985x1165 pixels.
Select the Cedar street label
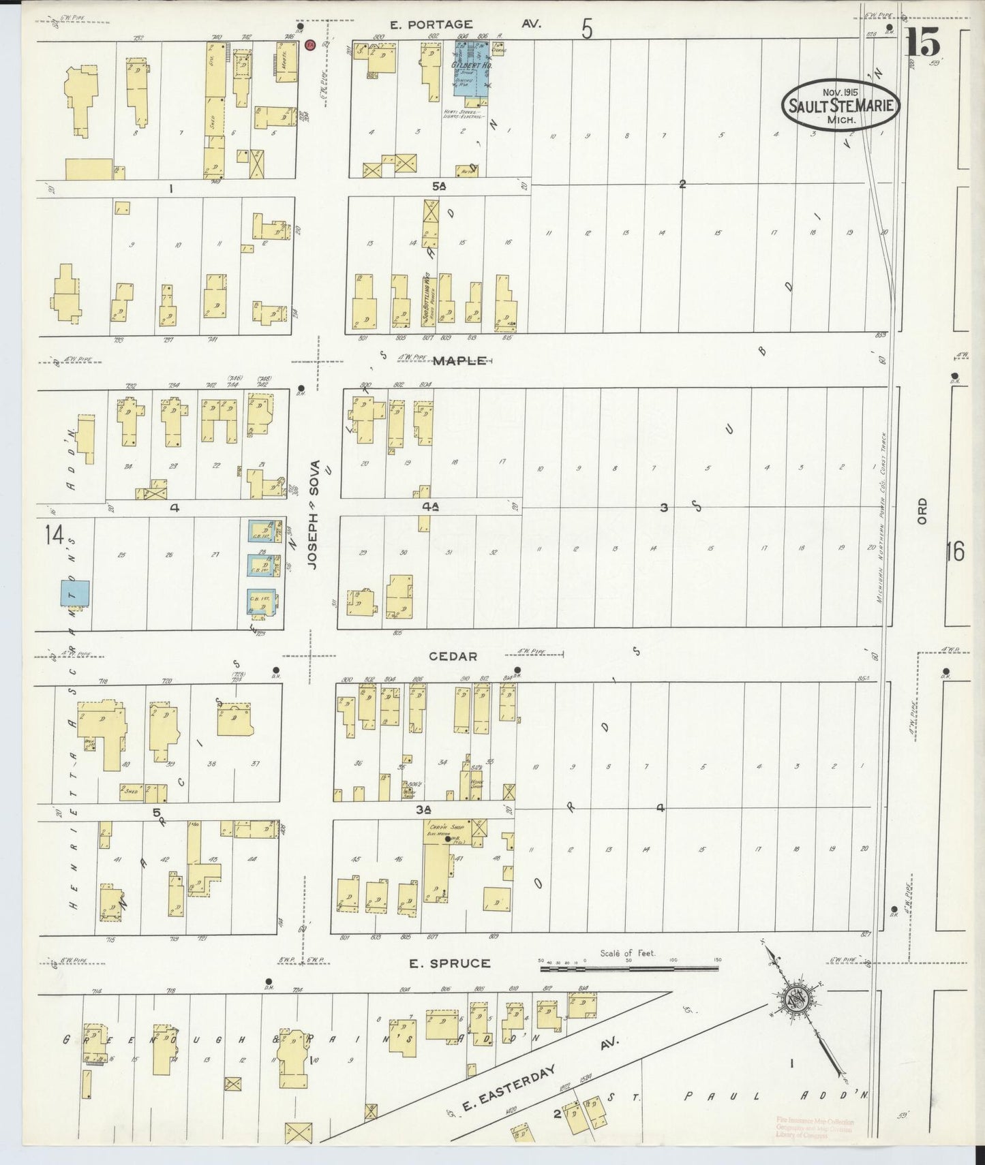tap(453, 656)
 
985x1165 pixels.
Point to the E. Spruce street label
tap(449, 963)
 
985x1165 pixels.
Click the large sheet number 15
tap(923, 45)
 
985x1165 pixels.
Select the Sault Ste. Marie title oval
tap(841, 105)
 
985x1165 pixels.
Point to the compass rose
tap(795, 999)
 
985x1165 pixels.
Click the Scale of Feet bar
tap(629, 968)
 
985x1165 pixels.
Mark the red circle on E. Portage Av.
tap(309, 45)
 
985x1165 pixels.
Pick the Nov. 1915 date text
tap(840, 91)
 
